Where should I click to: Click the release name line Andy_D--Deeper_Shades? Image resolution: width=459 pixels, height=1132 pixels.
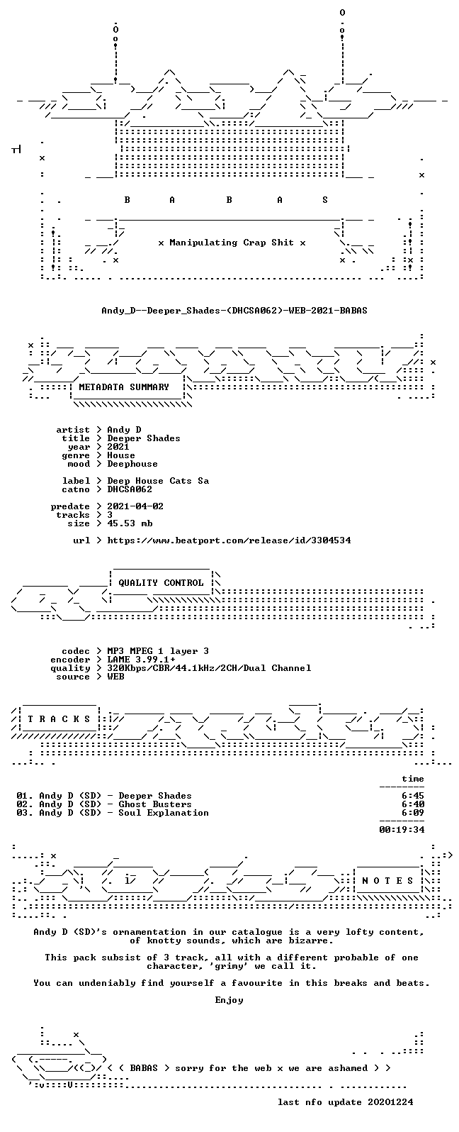click(x=234, y=311)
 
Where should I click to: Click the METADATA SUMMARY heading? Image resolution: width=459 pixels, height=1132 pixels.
click(x=124, y=387)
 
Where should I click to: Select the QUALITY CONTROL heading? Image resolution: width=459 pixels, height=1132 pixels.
click(x=161, y=583)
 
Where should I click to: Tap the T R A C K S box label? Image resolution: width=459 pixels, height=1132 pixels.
click(x=59, y=719)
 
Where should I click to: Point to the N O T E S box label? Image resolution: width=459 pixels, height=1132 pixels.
click(x=387, y=881)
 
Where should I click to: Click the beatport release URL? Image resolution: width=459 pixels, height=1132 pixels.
click(x=229, y=540)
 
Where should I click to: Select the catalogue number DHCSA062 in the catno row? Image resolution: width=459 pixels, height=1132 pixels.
click(x=130, y=489)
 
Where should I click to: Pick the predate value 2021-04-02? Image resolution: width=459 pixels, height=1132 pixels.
click(x=135, y=506)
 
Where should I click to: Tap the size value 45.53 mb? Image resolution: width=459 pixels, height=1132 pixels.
click(x=130, y=523)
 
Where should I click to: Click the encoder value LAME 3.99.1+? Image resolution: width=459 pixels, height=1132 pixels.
click(x=142, y=660)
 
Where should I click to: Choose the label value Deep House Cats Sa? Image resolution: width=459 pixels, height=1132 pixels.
click(x=158, y=481)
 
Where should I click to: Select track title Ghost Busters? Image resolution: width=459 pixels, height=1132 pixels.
click(x=155, y=804)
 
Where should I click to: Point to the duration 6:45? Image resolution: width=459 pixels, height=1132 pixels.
click(x=413, y=795)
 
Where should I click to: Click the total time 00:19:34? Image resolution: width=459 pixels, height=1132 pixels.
click(x=402, y=829)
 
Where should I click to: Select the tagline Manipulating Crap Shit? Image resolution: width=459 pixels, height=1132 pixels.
click(x=232, y=243)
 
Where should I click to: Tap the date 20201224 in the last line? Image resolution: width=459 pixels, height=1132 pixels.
click(x=390, y=1102)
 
